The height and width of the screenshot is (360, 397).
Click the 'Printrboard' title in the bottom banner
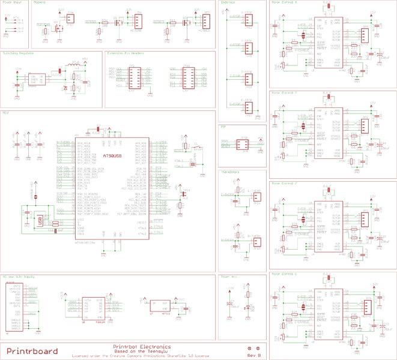pos(32,351)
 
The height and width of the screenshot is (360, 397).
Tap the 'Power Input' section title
pos(11,3)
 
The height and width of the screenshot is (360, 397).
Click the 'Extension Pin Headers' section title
pos(124,53)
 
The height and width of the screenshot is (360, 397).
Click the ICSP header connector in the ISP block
pos(243,145)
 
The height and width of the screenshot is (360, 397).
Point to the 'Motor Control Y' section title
pos(284,93)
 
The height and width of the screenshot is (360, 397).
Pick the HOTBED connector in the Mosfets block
pos(138,22)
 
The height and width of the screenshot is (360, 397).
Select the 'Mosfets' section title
pos(40,3)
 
